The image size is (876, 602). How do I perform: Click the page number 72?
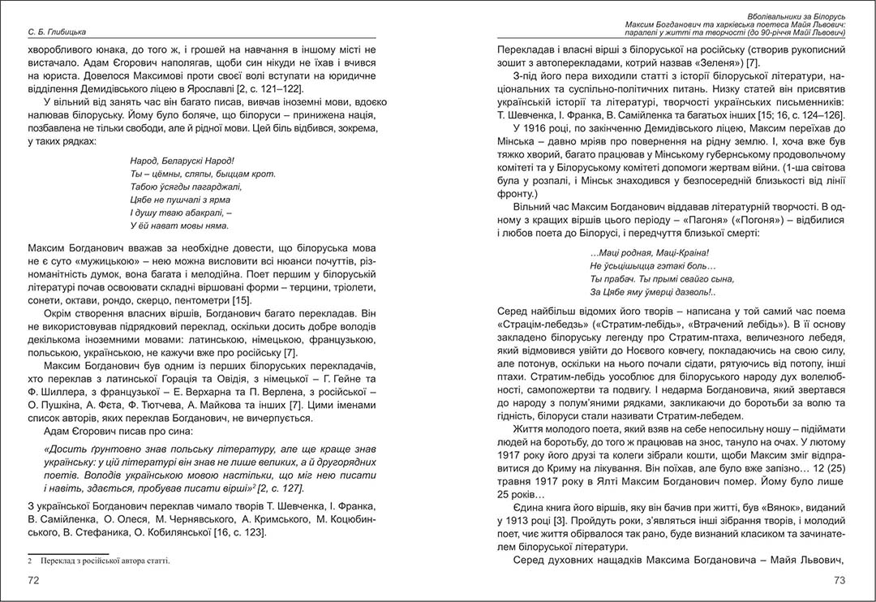33,580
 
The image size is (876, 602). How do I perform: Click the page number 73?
839,580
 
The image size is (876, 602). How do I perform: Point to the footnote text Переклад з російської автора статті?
102,561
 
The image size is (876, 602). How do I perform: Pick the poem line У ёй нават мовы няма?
179,226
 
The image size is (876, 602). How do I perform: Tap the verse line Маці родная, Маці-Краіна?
644,252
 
